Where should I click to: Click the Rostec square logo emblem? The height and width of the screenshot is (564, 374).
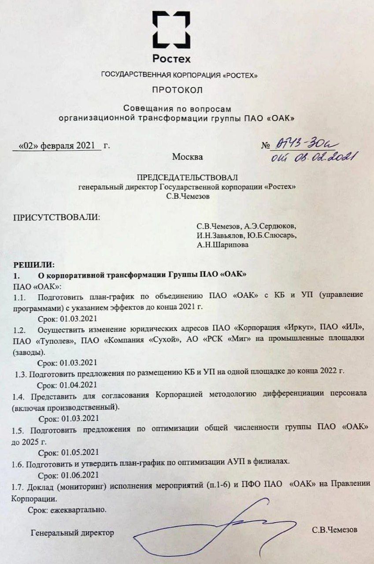tap(171, 30)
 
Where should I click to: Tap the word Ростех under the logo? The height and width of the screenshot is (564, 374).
tap(171, 59)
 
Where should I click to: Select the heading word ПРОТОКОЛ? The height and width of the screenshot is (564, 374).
tap(177, 91)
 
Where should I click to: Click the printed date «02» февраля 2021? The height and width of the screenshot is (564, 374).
tap(57, 145)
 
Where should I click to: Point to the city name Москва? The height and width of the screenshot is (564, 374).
tap(188, 156)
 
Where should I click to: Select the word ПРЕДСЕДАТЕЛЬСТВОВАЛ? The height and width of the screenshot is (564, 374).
tap(187, 178)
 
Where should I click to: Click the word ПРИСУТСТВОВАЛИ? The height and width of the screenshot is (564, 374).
tap(56, 218)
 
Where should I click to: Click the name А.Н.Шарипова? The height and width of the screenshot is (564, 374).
tap(222, 245)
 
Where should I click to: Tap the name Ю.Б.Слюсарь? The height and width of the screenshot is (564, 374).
tap(272, 236)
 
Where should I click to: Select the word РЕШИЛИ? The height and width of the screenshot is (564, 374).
tap(34, 265)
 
